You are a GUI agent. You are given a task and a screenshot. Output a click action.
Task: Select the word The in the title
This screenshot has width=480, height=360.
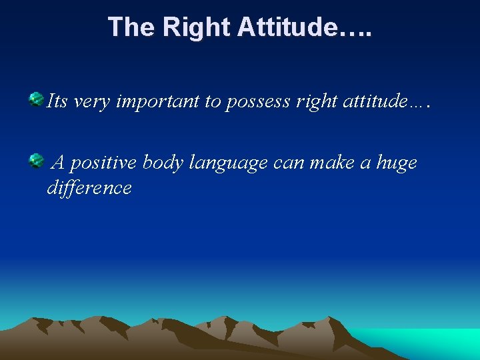coord(131,27)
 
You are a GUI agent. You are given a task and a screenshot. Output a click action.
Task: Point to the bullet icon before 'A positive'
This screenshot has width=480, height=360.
coord(35,160)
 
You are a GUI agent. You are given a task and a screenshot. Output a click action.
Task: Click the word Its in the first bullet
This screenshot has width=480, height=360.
coord(57,101)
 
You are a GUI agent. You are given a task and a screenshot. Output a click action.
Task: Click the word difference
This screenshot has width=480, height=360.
coord(89,188)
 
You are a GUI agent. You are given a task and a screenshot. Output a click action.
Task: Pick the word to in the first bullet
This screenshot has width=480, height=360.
coord(213,102)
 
